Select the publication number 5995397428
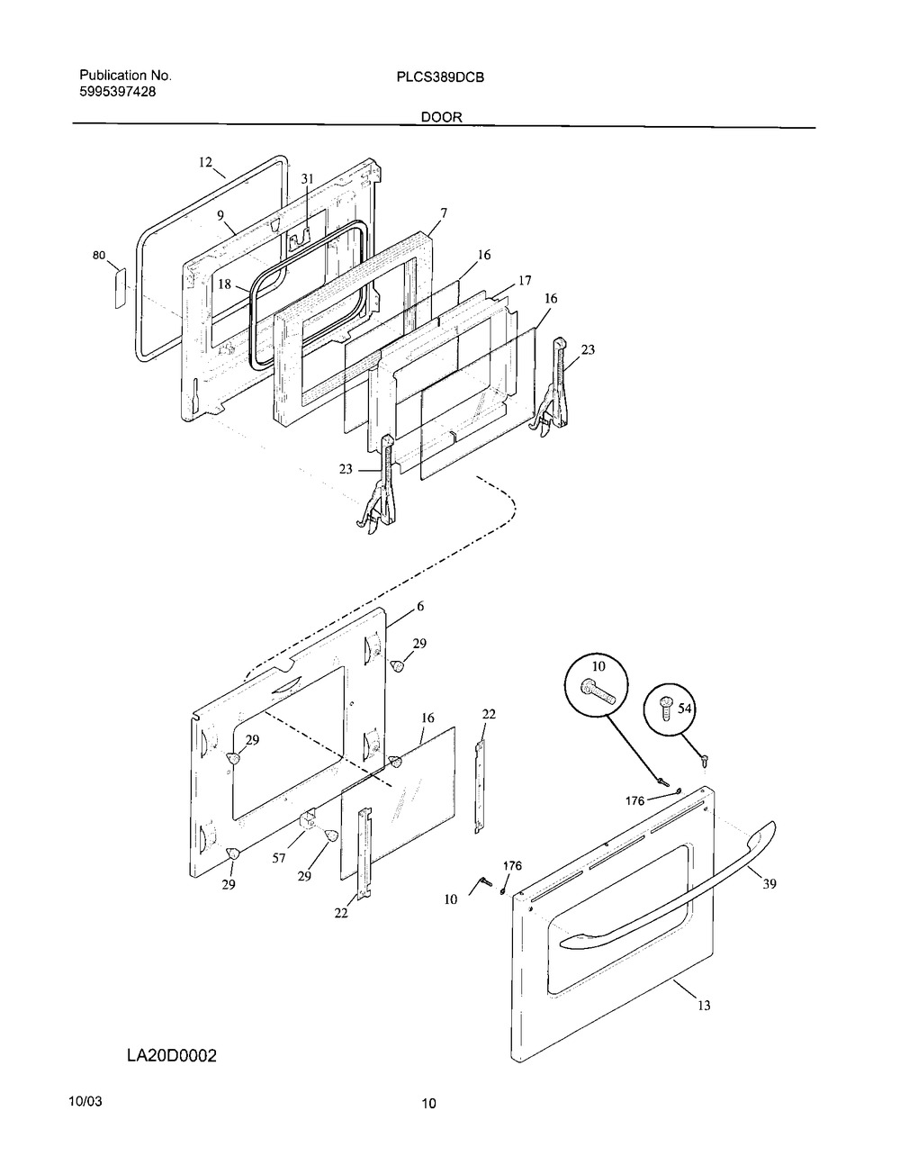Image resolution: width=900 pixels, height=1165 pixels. click(119, 91)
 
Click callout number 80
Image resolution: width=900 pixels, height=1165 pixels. click(99, 256)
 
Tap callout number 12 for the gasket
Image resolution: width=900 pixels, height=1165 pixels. click(205, 162)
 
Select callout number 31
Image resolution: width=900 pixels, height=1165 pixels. click(307, 179)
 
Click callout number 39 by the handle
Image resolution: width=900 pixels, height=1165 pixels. click(769, 884)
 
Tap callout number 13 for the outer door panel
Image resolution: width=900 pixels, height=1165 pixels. click(704, 1006)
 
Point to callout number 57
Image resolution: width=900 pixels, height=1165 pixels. click(279, 858)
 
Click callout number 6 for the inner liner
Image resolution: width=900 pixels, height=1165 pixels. click(420, 607)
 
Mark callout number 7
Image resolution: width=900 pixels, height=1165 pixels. click(443, 212)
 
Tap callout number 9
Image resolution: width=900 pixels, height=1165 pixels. click(220, 215)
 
